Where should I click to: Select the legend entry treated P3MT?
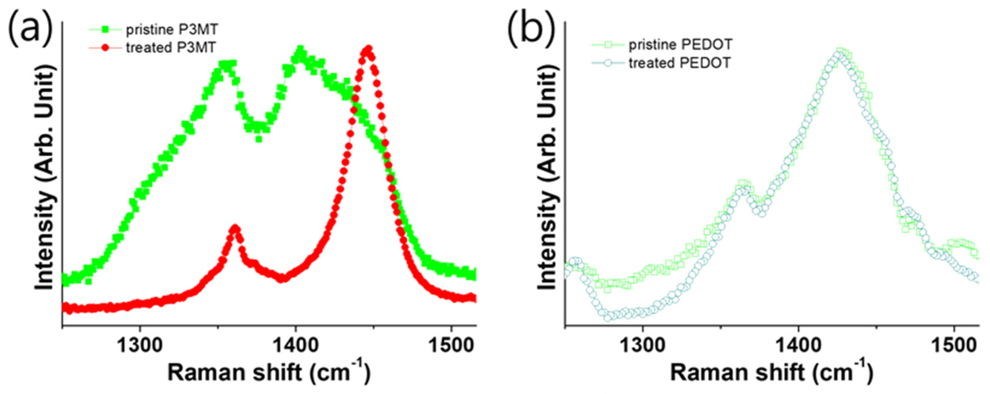coord(171,48)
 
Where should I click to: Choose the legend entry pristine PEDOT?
coord(680,45)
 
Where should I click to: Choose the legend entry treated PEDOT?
coord(679,63)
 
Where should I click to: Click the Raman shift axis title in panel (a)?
coord(269,373)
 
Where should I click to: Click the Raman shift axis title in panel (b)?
coord(772,373)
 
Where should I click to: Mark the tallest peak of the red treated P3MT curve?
coord(368,50)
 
